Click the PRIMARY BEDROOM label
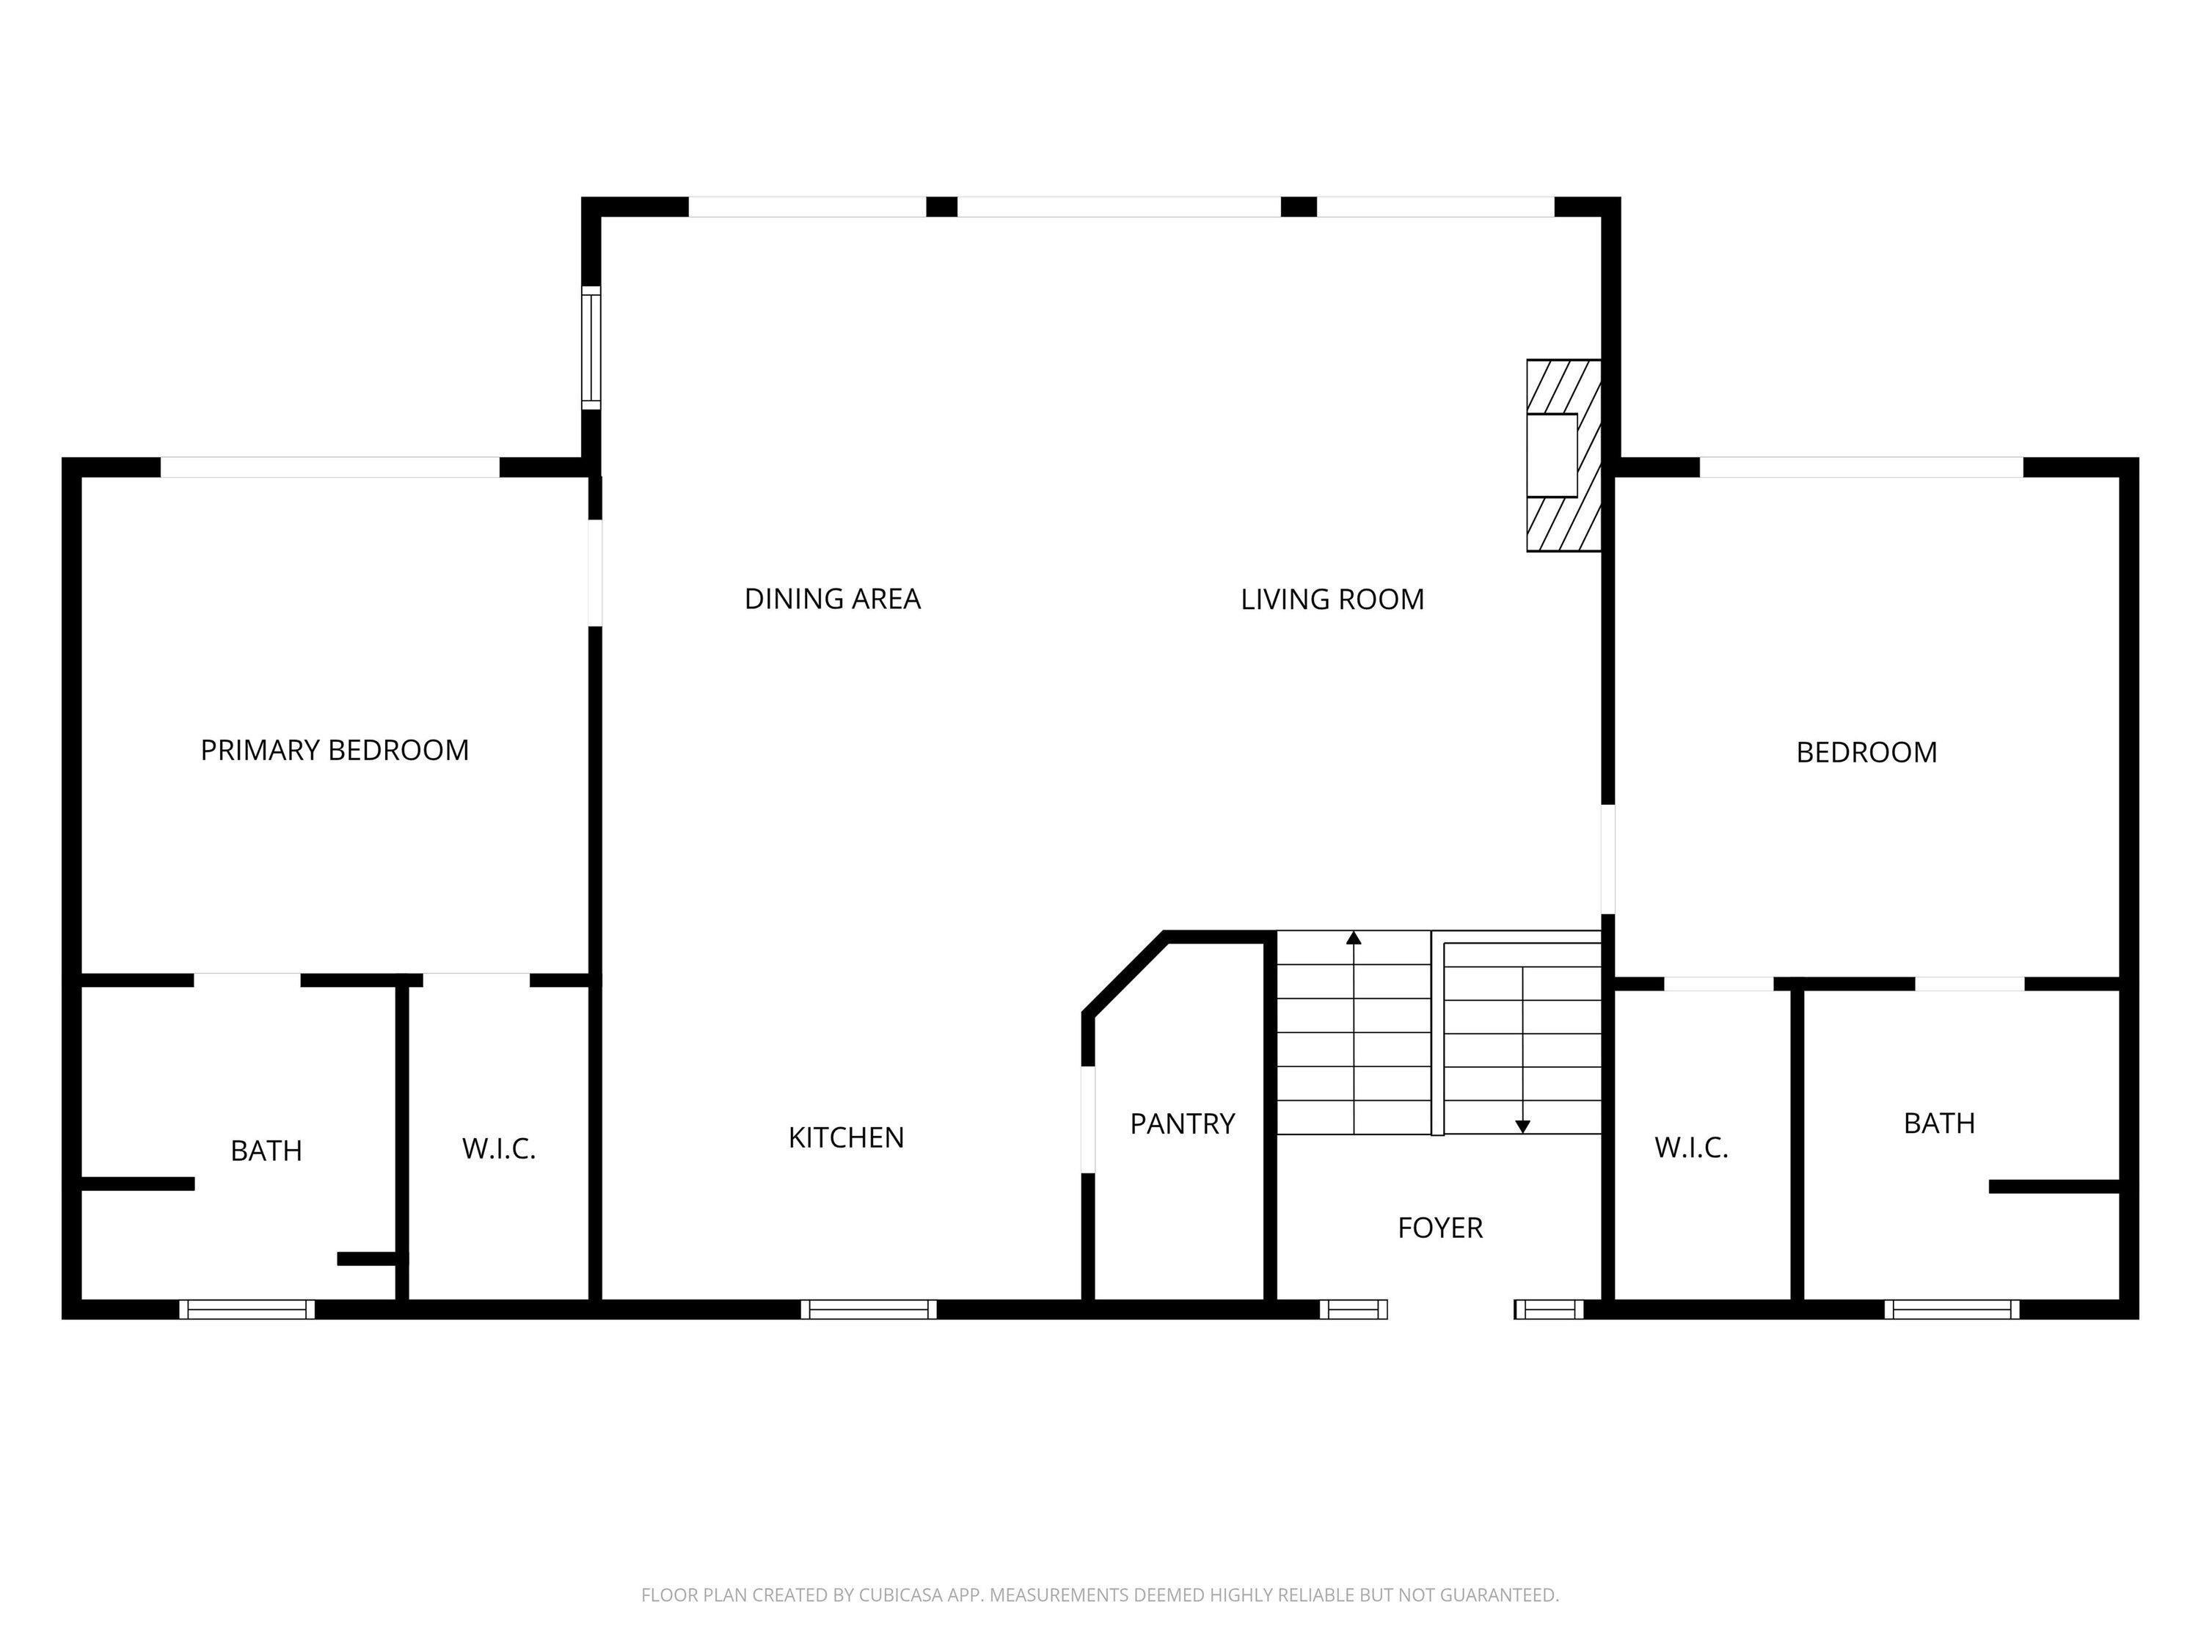pos(335,751)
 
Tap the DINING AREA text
pos(833,599)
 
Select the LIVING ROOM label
pos(1332,599)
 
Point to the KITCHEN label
pos(846,1137)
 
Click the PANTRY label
pos(1182,1123)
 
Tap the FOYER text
pos(1439,1228)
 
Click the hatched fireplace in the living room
pos(1564,456)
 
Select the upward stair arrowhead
pos(1353,938)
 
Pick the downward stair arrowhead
pos(1522,1126)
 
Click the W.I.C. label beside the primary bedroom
pos(498,1149)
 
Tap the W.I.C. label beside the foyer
pos(1692,1148)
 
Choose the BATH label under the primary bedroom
pos(266,1151)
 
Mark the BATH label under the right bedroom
pos(1939,1123)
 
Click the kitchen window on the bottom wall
pos(869,1310)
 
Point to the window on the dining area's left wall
pos(591,347)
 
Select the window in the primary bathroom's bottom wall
pos(247,1310)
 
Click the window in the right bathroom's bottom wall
pos(1952,1310)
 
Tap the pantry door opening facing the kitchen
pos(1087,1120)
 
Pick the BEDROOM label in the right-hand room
pos(1866,752)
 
